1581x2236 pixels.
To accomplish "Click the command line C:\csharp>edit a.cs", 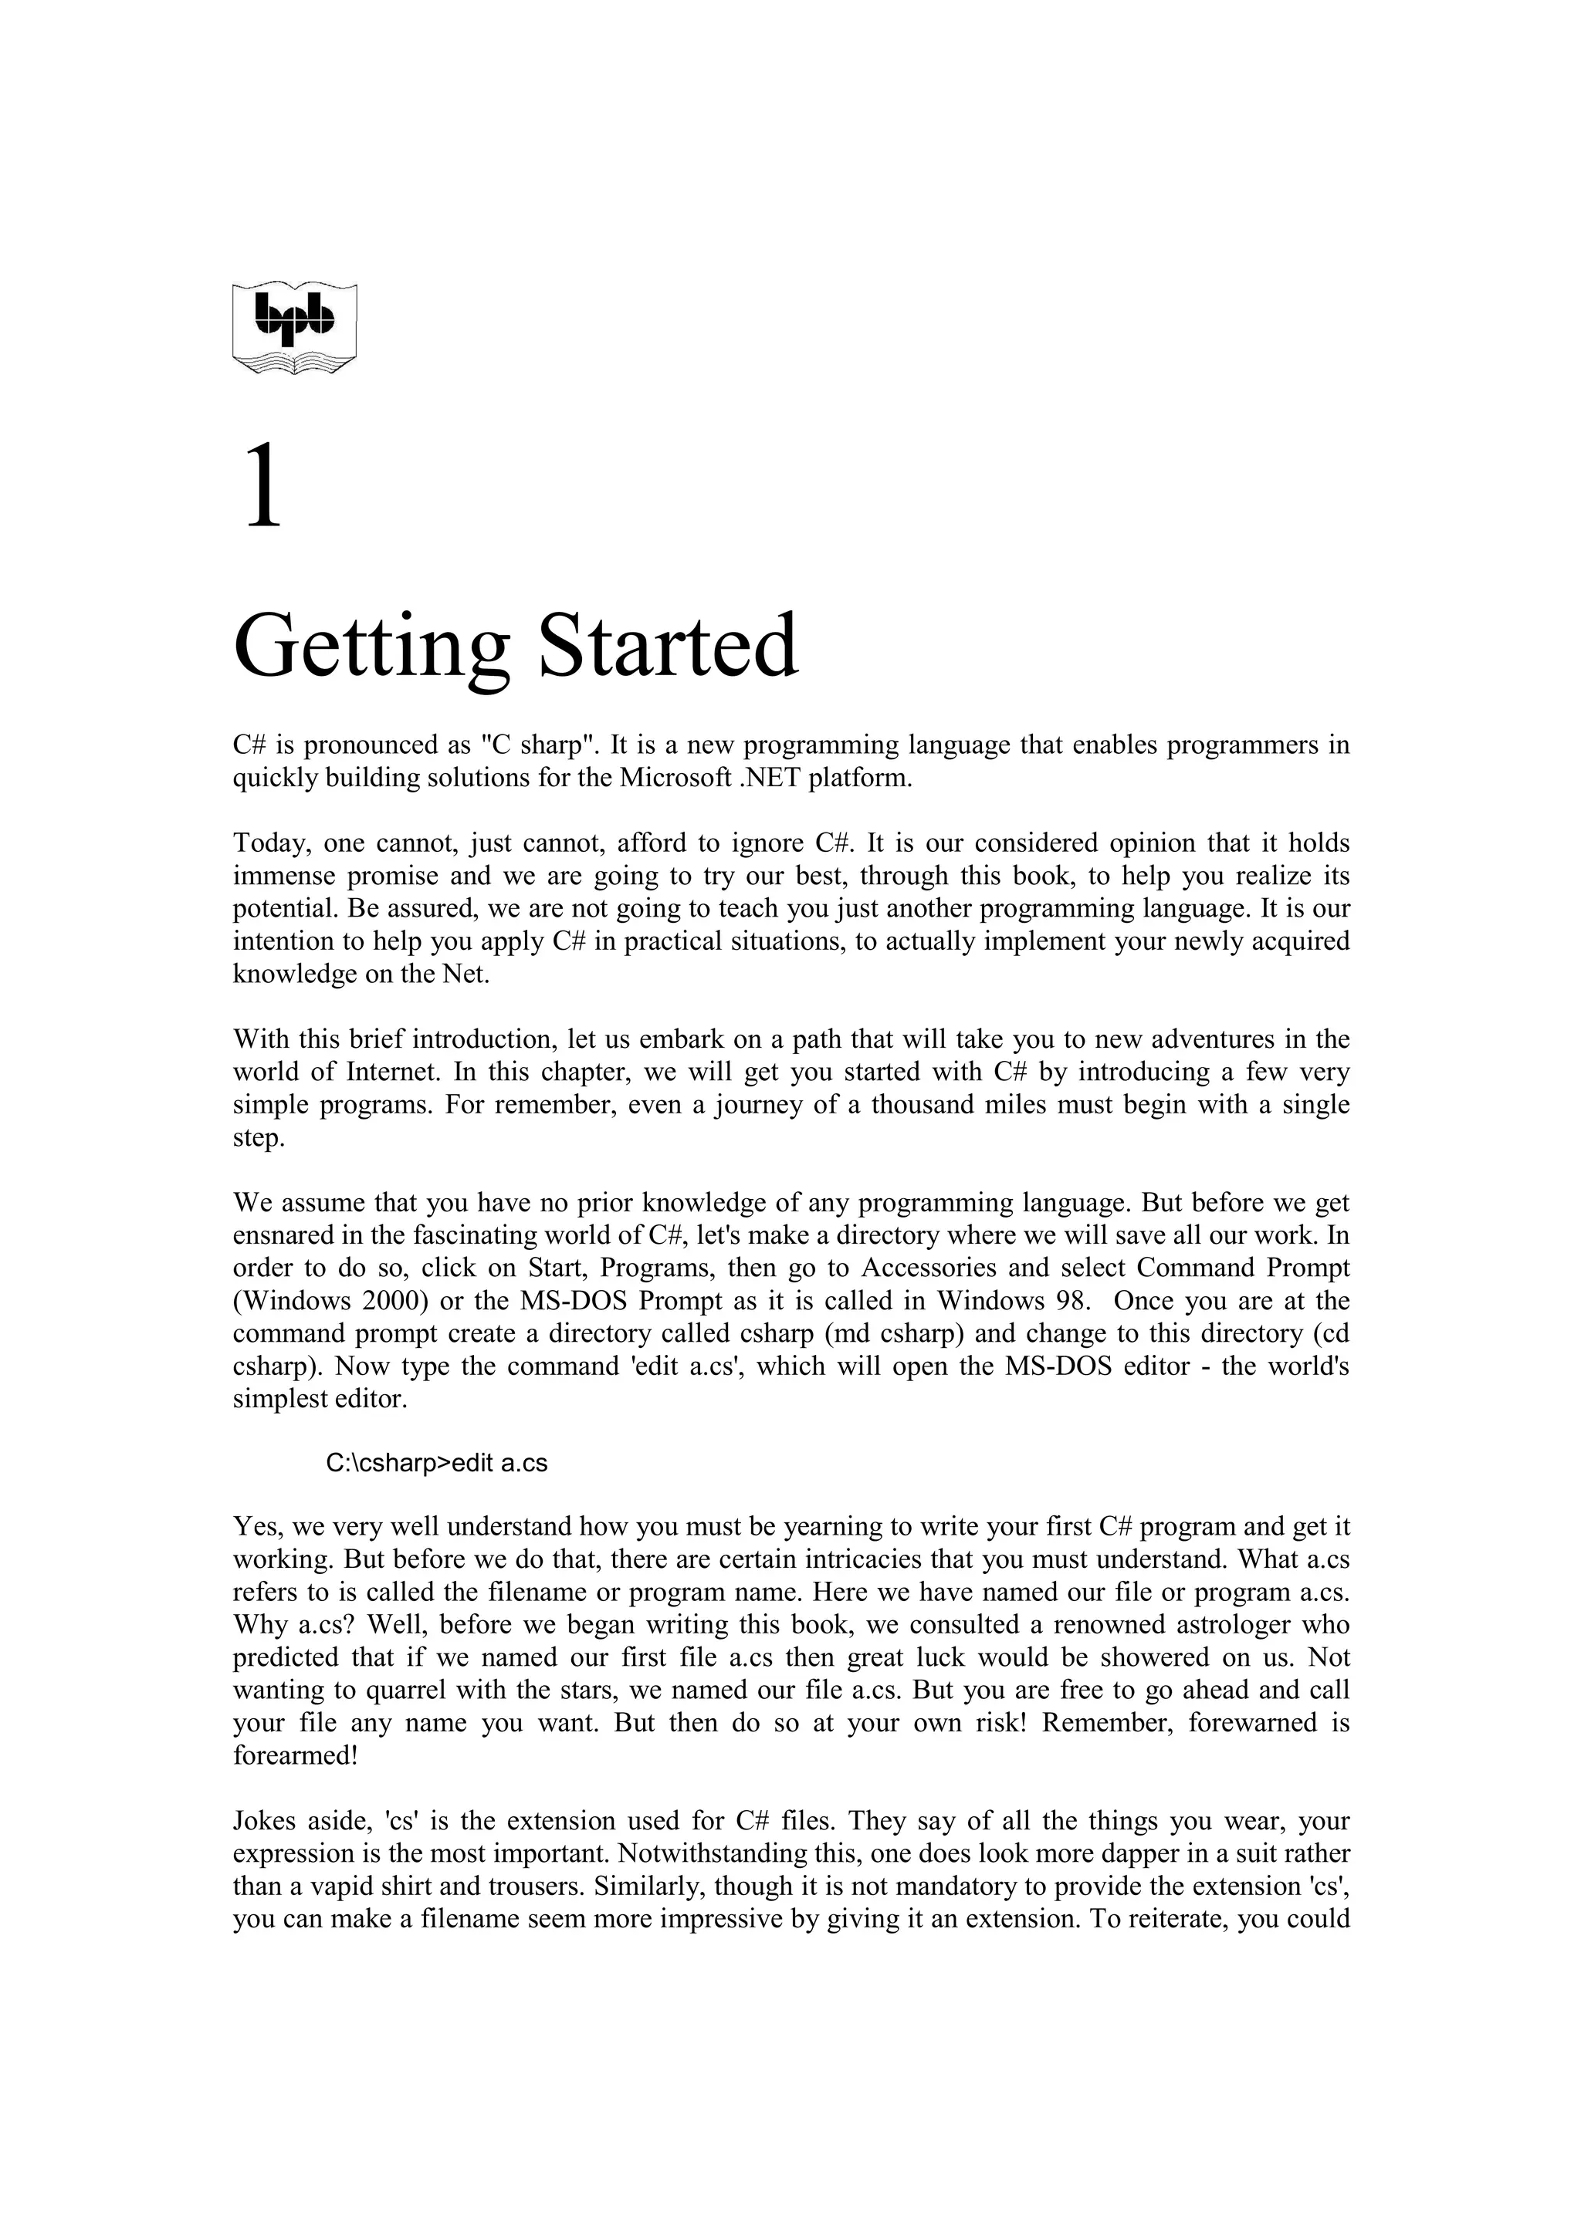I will [436, 1464].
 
